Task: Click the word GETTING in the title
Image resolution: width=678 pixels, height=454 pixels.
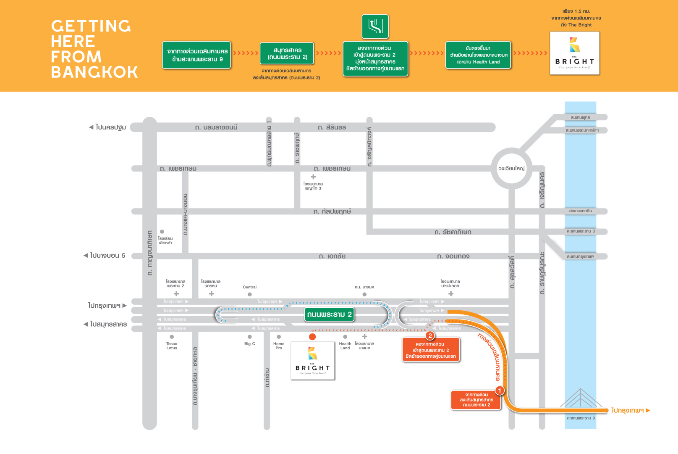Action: [91, 26]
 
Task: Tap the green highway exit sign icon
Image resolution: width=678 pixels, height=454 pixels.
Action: [375, 26]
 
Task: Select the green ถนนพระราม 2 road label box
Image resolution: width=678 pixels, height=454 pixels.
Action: [329, 314]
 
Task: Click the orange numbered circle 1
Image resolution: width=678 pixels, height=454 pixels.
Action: [500, 391]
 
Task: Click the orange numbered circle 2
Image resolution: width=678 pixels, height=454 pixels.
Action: [430, 335]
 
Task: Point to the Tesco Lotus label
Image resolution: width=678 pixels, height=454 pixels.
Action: [172, 346]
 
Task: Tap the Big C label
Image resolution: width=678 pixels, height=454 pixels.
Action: [250, 344]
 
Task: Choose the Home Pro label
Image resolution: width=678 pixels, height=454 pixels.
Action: [279, 346]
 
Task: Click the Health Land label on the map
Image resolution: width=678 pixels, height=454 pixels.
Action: [345, 346]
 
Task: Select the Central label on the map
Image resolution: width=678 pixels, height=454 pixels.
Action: [250, 287]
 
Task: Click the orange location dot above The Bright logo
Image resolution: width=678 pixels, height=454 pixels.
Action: [312, 337]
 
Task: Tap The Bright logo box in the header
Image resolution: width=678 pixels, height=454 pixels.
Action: [575, 53]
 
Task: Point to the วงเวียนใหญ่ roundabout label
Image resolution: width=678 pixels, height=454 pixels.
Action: [511, 169]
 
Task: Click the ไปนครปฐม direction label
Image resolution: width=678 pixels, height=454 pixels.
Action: [107, 127]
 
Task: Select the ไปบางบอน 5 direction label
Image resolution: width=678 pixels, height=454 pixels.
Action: [105, 255]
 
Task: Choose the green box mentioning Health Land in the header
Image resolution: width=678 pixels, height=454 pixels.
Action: [478, 55]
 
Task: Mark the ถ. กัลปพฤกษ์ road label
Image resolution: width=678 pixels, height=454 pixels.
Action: [332, 211]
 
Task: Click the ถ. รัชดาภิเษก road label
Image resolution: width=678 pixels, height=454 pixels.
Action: [453, 232]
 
